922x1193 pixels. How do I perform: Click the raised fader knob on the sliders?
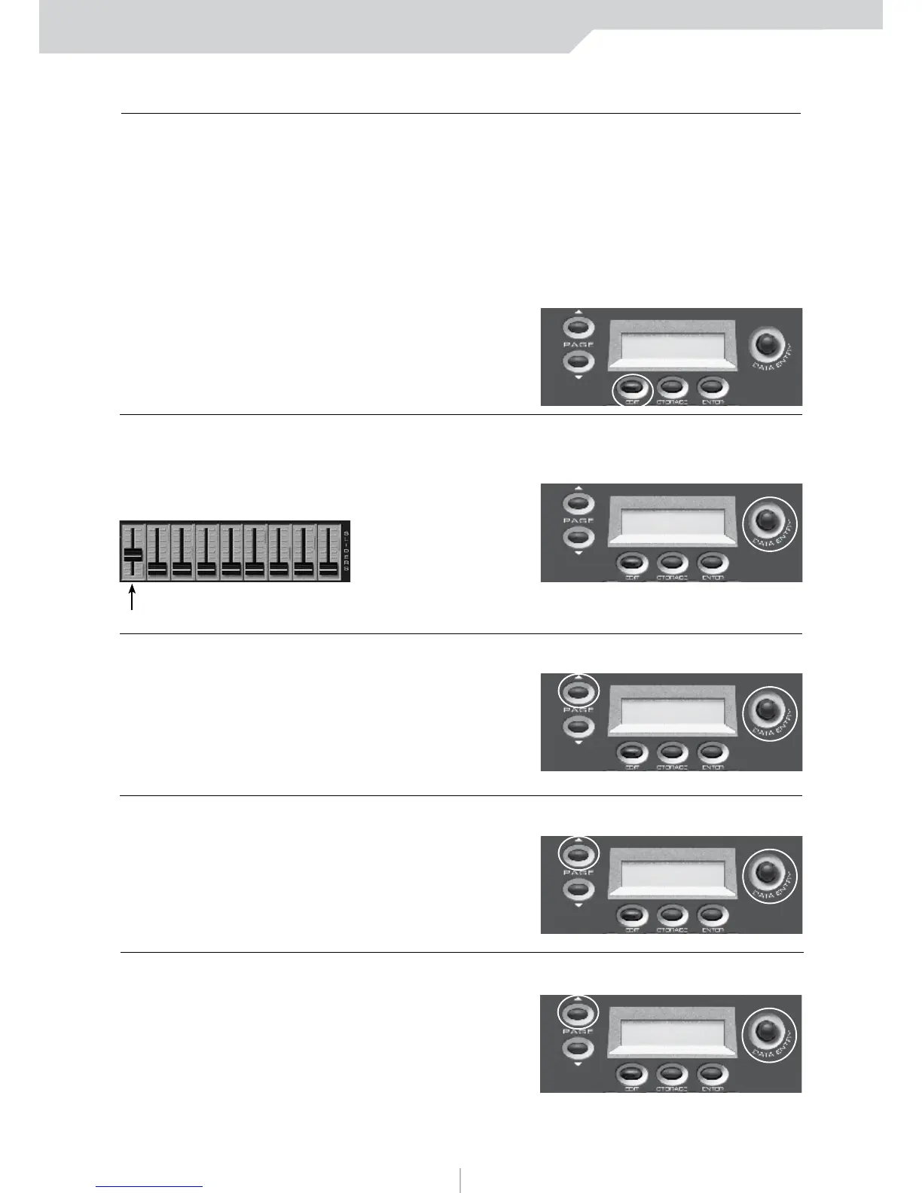point(133,554)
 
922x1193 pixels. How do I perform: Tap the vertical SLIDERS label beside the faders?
point(346,551)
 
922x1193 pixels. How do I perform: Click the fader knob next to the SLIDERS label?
point(328,570)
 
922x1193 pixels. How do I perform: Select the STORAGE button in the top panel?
point(672,387)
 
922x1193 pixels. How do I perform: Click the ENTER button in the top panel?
point(712,387)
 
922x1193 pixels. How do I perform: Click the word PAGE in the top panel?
point(579,345)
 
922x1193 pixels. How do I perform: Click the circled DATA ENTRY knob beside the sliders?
point(766,519)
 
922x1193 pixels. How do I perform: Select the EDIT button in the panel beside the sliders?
point(631,563)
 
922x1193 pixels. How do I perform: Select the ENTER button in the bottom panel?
point(712,1074)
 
